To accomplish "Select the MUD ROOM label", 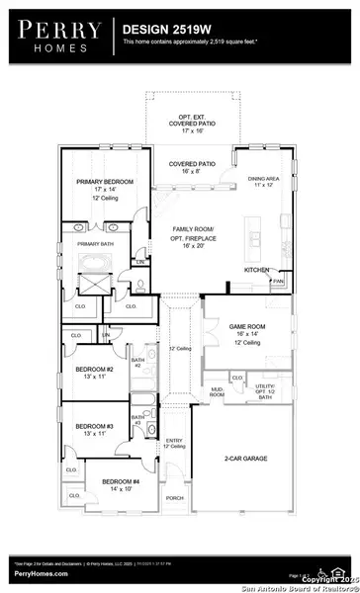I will click(217, 392).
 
